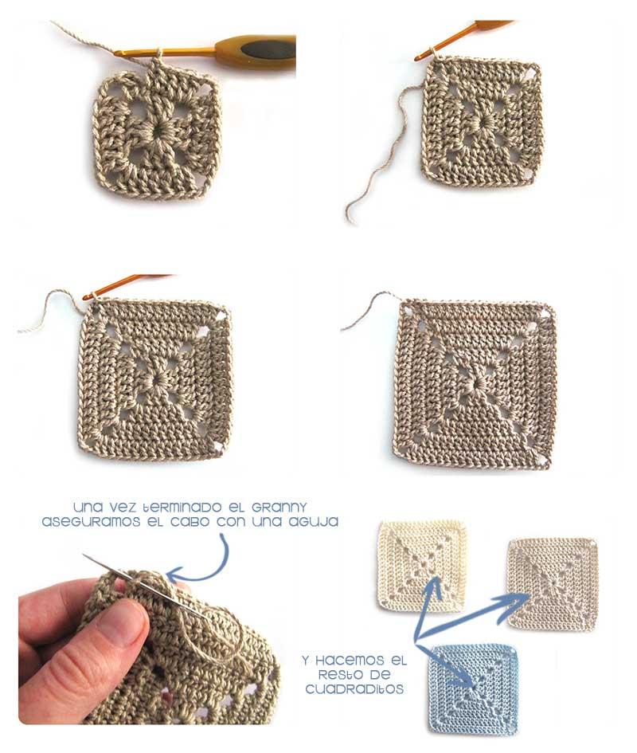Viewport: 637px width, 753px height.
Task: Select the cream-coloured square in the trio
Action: [422, 566]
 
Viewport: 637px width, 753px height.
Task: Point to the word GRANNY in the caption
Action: [276, 507]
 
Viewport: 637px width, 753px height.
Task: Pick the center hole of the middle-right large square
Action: [476, 383]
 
